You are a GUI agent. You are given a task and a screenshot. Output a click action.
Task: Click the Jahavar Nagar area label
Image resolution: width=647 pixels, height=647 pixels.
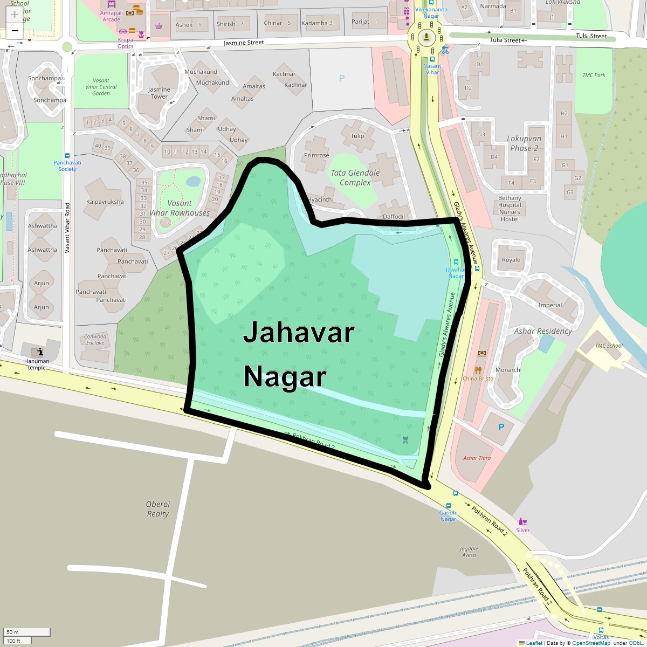[x=298, y=354]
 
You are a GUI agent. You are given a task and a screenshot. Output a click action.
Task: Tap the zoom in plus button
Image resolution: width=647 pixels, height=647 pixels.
[x=15, y=15]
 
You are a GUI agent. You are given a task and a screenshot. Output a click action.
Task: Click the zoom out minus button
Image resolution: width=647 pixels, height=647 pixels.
[x=15, y=31]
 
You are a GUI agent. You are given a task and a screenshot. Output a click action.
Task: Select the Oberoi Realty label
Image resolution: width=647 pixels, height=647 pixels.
[x=158, y=509]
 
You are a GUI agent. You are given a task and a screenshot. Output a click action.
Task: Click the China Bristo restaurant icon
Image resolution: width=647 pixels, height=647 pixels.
[x=478, y=370]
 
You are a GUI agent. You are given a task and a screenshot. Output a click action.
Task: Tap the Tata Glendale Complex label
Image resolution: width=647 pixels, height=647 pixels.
[x=355, y=177]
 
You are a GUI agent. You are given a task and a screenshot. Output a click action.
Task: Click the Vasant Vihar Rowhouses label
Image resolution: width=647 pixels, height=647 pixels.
[x=180, y=208]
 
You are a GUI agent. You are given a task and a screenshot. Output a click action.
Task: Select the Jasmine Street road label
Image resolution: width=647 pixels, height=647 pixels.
[x=244, y=43]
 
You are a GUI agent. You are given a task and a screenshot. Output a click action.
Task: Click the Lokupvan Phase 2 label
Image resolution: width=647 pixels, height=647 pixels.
[x=524, y=143]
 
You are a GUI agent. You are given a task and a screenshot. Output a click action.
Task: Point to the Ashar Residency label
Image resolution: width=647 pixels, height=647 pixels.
[x=542, y=331]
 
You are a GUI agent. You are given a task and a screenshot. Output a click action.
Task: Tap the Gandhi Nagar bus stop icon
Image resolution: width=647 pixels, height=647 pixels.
[x=456, y=493]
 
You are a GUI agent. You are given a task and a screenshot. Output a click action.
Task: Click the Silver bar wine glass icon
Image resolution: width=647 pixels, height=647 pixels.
[x=522, y=521]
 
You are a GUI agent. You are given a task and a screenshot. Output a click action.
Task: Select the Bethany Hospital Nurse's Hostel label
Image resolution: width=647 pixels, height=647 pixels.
[x=510, y=209]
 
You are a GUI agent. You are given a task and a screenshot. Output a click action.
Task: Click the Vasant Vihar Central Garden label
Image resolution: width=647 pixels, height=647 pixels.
[x=101, y=87]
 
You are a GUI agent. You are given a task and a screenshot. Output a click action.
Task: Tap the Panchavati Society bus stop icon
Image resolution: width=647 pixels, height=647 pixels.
[x=67, y=155]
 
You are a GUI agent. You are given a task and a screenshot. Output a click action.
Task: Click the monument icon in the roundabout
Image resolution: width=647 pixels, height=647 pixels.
[x=426, y=37]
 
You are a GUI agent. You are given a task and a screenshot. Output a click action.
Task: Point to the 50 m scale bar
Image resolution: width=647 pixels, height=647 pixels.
[x=27, y=632]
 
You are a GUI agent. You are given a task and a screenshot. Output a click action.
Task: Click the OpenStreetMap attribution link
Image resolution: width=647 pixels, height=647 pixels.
[x=591, y=643]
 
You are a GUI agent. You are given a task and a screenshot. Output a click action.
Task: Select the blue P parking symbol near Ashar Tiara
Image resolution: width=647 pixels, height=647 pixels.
[x=501, y=427]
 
